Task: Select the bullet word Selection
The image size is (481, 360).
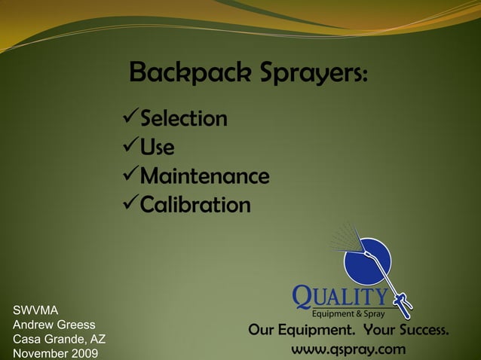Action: point(184,119)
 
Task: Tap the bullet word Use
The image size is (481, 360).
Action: point(158,148)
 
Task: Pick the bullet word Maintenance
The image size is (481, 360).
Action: point(205,177)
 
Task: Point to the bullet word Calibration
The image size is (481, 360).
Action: point(195,205)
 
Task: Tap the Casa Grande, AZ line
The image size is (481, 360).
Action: point(59,339)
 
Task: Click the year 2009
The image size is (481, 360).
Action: point(83,354)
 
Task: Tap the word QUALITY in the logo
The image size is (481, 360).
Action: point(341,296)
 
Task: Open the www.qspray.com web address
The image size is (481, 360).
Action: point(348,350)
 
